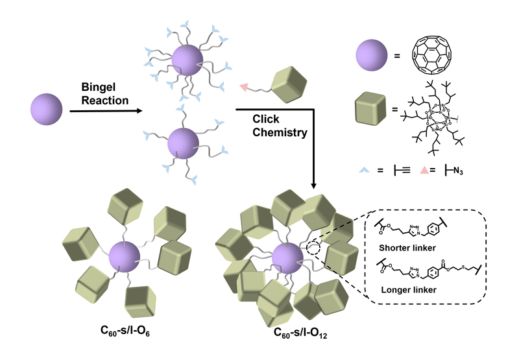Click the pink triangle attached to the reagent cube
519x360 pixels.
click(244, 86)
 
